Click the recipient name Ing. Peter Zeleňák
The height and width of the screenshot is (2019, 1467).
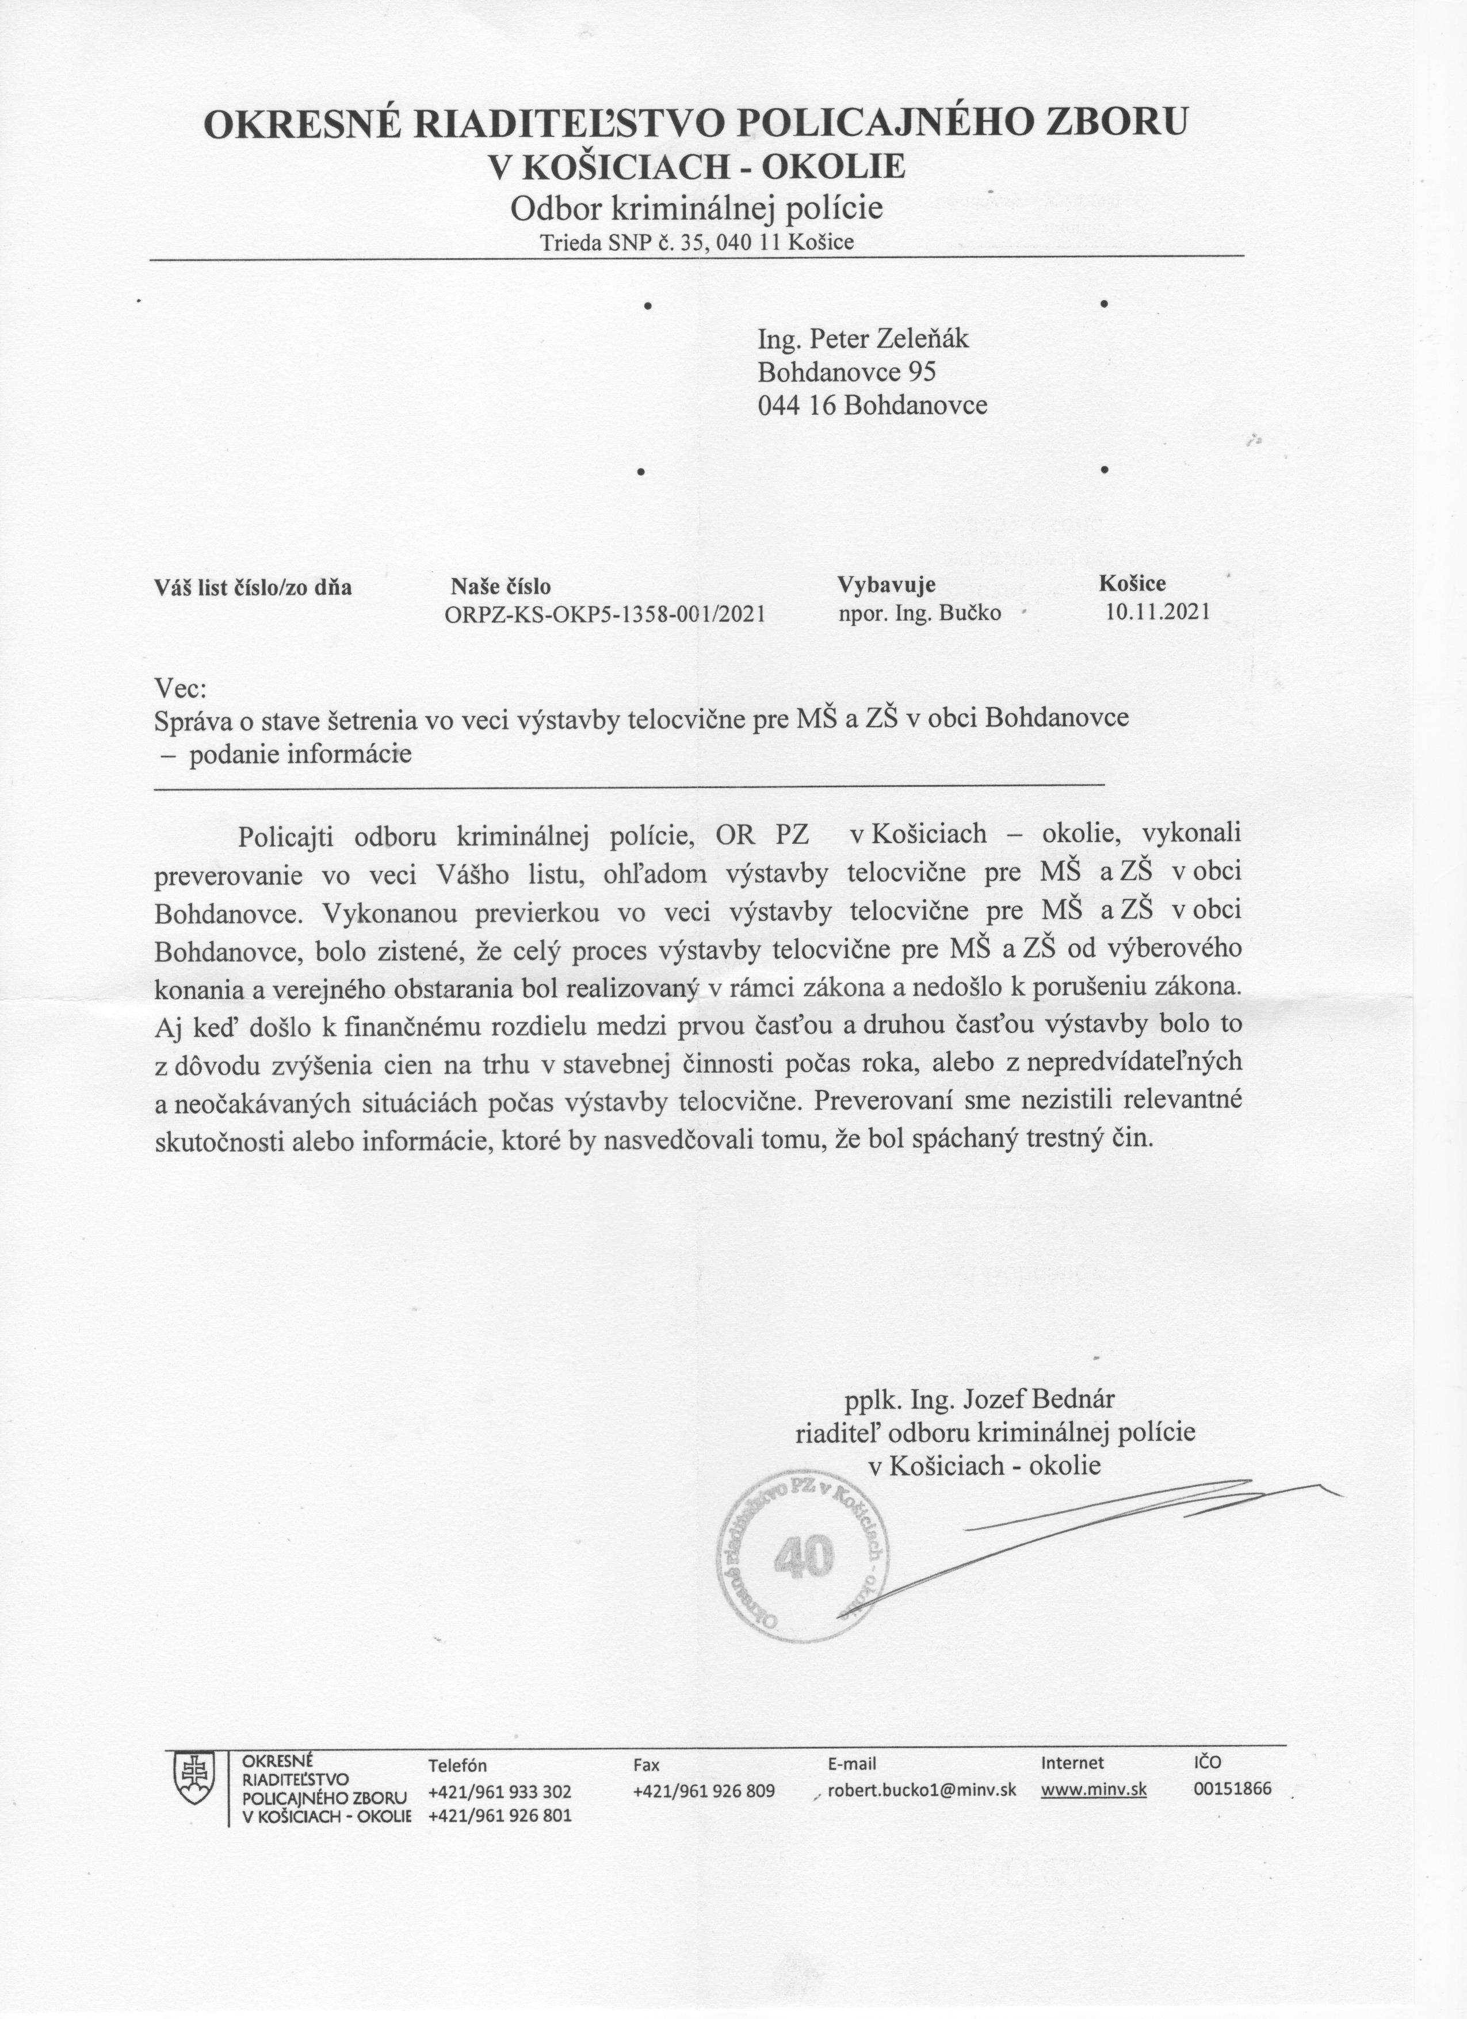862,339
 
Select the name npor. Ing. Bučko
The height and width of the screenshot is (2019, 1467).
919,613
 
